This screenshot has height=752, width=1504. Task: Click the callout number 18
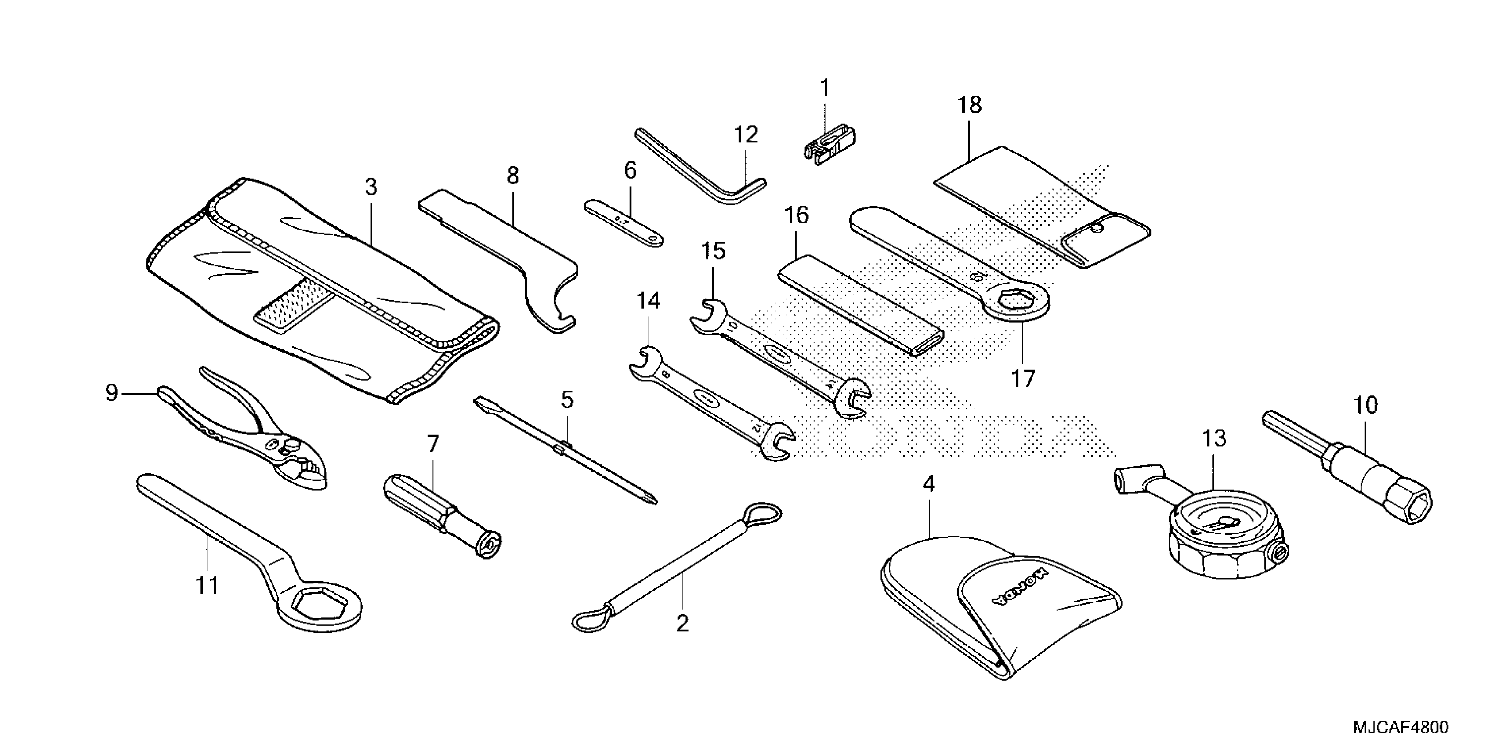tap(969, 106)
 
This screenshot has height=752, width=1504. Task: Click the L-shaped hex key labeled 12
tap(701, 170)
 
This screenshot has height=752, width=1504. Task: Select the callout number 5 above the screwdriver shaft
tap(567, 400)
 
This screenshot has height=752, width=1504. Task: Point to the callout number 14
tap(648, 301)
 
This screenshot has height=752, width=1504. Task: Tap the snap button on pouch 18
tap(1097, 229)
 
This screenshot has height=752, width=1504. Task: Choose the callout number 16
tap(796, 215)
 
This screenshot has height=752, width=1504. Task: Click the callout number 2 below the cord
tap(682, 624)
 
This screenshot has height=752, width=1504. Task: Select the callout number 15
tap(713, 251)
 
